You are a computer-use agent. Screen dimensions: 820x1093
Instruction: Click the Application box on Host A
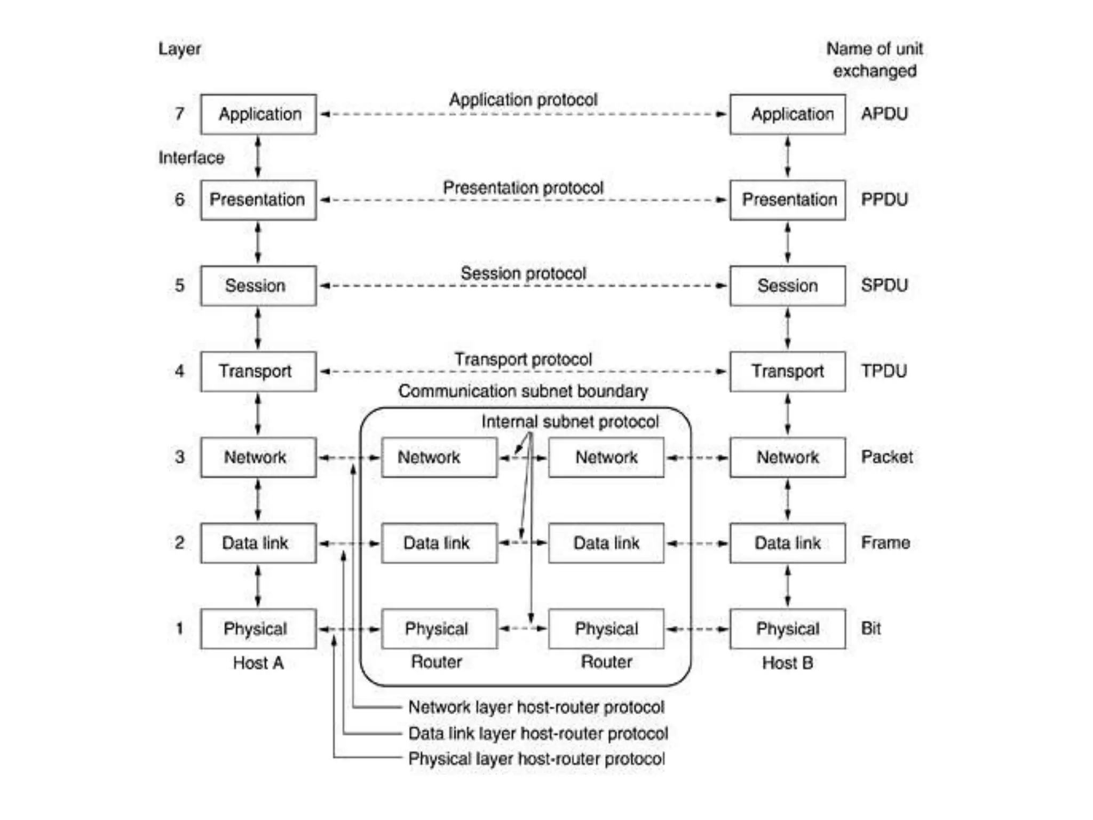pyautogui.click(x=258, y=114)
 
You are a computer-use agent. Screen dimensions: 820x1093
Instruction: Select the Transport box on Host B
pyautogui.click(x=787, y=371)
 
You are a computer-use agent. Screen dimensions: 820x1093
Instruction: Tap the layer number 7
pyautogui.click(x=180, y=114)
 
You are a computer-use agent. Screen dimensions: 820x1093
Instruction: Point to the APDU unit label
pyautogui.click(x=884, y=114)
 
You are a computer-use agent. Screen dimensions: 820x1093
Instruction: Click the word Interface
pyautogui.click(x=191, y=157)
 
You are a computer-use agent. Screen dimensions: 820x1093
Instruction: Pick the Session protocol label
pyautogui.click(x=523, y=273)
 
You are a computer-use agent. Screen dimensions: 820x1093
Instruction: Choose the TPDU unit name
pyautogui.click(x=884, y=371)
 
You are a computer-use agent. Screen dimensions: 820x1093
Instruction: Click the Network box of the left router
pyautogui.click(x=439, y=458)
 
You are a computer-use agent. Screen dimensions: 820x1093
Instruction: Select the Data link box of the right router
pyautogui.click(x=606, y=543)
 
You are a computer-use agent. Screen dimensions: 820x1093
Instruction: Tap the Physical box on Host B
pyautogui.click(x=787, y=629)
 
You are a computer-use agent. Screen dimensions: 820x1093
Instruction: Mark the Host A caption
pyautogui.click(x=258, y=663)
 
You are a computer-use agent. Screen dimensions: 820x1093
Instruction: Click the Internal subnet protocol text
pyautogui.click(x=570, y=422)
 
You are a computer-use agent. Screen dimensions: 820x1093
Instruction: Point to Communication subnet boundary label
pyautogui.click(x=523, y=391)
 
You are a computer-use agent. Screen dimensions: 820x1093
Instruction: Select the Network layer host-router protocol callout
pyautogui.click(x=536, y=707)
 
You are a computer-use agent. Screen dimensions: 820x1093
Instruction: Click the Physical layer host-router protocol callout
pyautogui.click(x=536, y=759)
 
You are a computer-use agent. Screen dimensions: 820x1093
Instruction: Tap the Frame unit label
pyautogui.click(x=885, y=543)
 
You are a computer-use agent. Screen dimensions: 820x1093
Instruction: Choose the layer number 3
pyautogui.click(x=180, y=457)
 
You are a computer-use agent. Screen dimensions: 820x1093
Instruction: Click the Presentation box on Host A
pyautogui.click(x=258, y=200)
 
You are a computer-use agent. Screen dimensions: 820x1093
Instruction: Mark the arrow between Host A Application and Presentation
pyautogui.click(x=258, y=157)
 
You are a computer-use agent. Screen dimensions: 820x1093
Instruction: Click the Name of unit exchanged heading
pyautogui.click(x=874, y=60)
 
